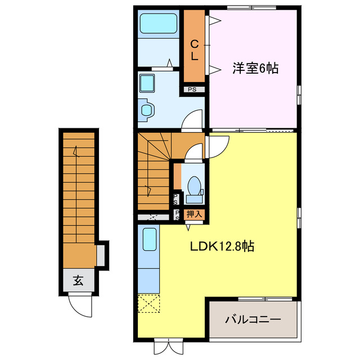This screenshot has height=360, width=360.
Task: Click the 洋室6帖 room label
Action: (256, 69)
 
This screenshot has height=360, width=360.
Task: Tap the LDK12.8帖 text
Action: (220, 246)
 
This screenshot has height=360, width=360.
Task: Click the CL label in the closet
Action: (194, 49)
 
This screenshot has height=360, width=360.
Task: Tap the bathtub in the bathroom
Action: (158, 24)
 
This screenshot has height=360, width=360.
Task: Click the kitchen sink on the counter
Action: (149, 239)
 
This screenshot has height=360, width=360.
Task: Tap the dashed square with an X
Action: (148, 304)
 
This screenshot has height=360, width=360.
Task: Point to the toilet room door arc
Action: (194, 152)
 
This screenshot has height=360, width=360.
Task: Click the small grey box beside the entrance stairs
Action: (101, 254)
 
